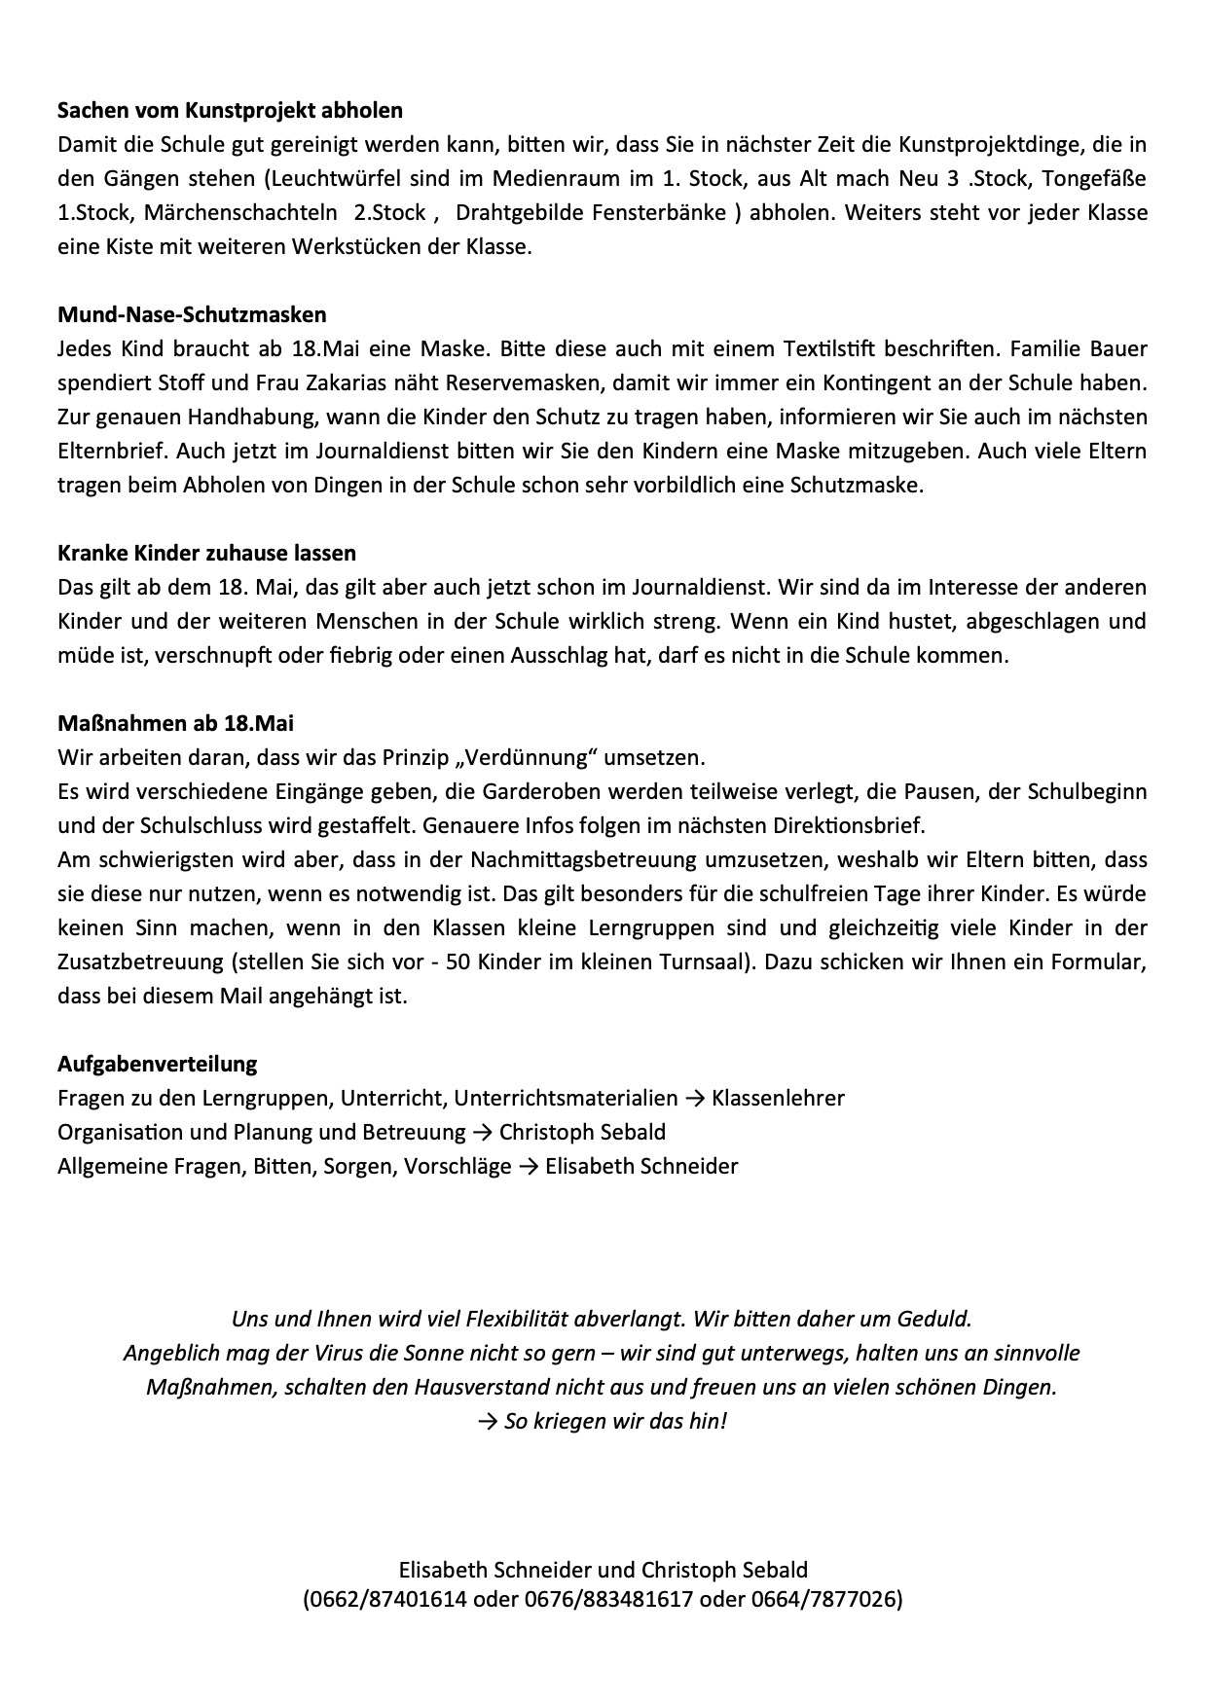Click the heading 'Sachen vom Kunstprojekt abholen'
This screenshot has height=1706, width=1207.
(x=230, y=111)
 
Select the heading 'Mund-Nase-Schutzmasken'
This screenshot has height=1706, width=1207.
(x=192, y=314)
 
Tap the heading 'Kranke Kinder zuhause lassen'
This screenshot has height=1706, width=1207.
(x=206, y=553)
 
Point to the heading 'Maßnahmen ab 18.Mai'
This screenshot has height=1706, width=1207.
(x=175, y=723)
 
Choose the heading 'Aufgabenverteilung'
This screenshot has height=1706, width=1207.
(x=158, y=1064)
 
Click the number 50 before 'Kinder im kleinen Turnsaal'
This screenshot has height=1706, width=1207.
(x=457, y=962)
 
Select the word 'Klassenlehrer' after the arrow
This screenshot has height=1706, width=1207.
(x=778, y=1099)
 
